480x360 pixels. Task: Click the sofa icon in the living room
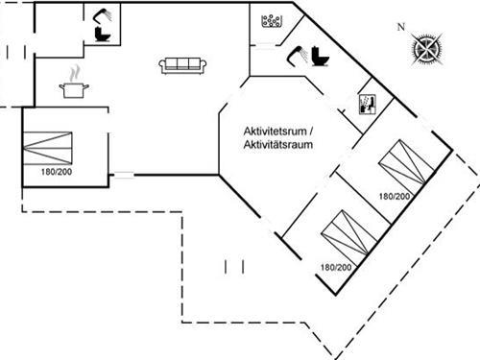tap(184, 64)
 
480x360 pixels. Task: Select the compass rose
tap(424, 47)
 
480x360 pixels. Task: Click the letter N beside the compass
tap(400, 27)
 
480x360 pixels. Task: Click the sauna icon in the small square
tap(366, 104)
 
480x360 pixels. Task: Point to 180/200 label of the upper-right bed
tap(394, 196)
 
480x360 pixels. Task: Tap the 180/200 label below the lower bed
tap(336, 267)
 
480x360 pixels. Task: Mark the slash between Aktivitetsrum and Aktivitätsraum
tap(311, 131)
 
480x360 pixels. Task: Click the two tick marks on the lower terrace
tap(234, 263)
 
